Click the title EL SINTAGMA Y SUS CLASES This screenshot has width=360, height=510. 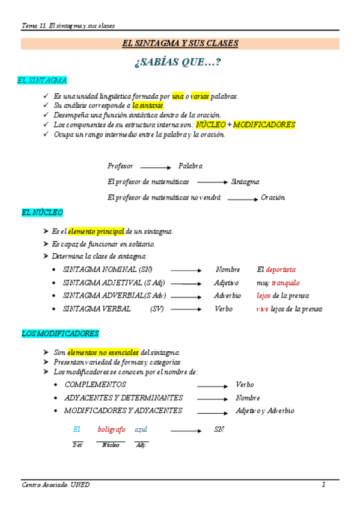point(180,43)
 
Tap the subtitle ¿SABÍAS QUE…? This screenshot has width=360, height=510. point(180,62)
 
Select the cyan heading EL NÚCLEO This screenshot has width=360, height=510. point(42,213)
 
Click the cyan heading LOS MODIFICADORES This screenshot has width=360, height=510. point(60,333)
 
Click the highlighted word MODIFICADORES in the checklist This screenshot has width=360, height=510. point(264,125)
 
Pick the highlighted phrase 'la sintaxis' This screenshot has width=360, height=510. point(148,105)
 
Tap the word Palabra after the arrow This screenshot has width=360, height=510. point(191,166)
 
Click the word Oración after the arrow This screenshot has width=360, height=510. point(273,197)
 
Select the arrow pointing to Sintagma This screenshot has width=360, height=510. point(212,182)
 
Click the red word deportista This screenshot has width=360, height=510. point(281,270)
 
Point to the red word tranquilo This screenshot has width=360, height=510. point(285,283)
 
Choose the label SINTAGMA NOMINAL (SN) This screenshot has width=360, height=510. point(108,270)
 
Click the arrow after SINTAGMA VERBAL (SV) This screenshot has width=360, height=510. point(186,309)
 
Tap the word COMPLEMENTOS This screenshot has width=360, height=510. point(96,384)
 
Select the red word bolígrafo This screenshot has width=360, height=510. point(112,429)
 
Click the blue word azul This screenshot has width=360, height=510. point(141,429)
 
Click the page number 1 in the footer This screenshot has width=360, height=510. point(323,485)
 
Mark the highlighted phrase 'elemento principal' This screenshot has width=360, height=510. point(96,232)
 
